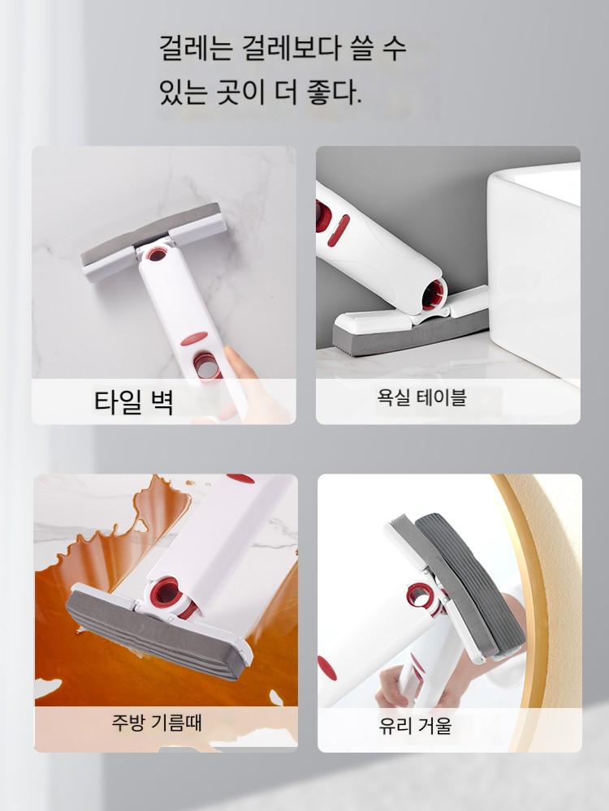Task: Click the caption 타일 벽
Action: pos(133,401)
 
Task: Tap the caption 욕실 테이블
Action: pos(421,397)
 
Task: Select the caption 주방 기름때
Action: pos(157,722)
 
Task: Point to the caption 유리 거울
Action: pos(415,725)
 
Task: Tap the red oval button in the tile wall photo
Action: pos(194,339)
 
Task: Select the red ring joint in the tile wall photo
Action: pos(156,253)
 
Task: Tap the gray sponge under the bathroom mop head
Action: pos(409,334)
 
